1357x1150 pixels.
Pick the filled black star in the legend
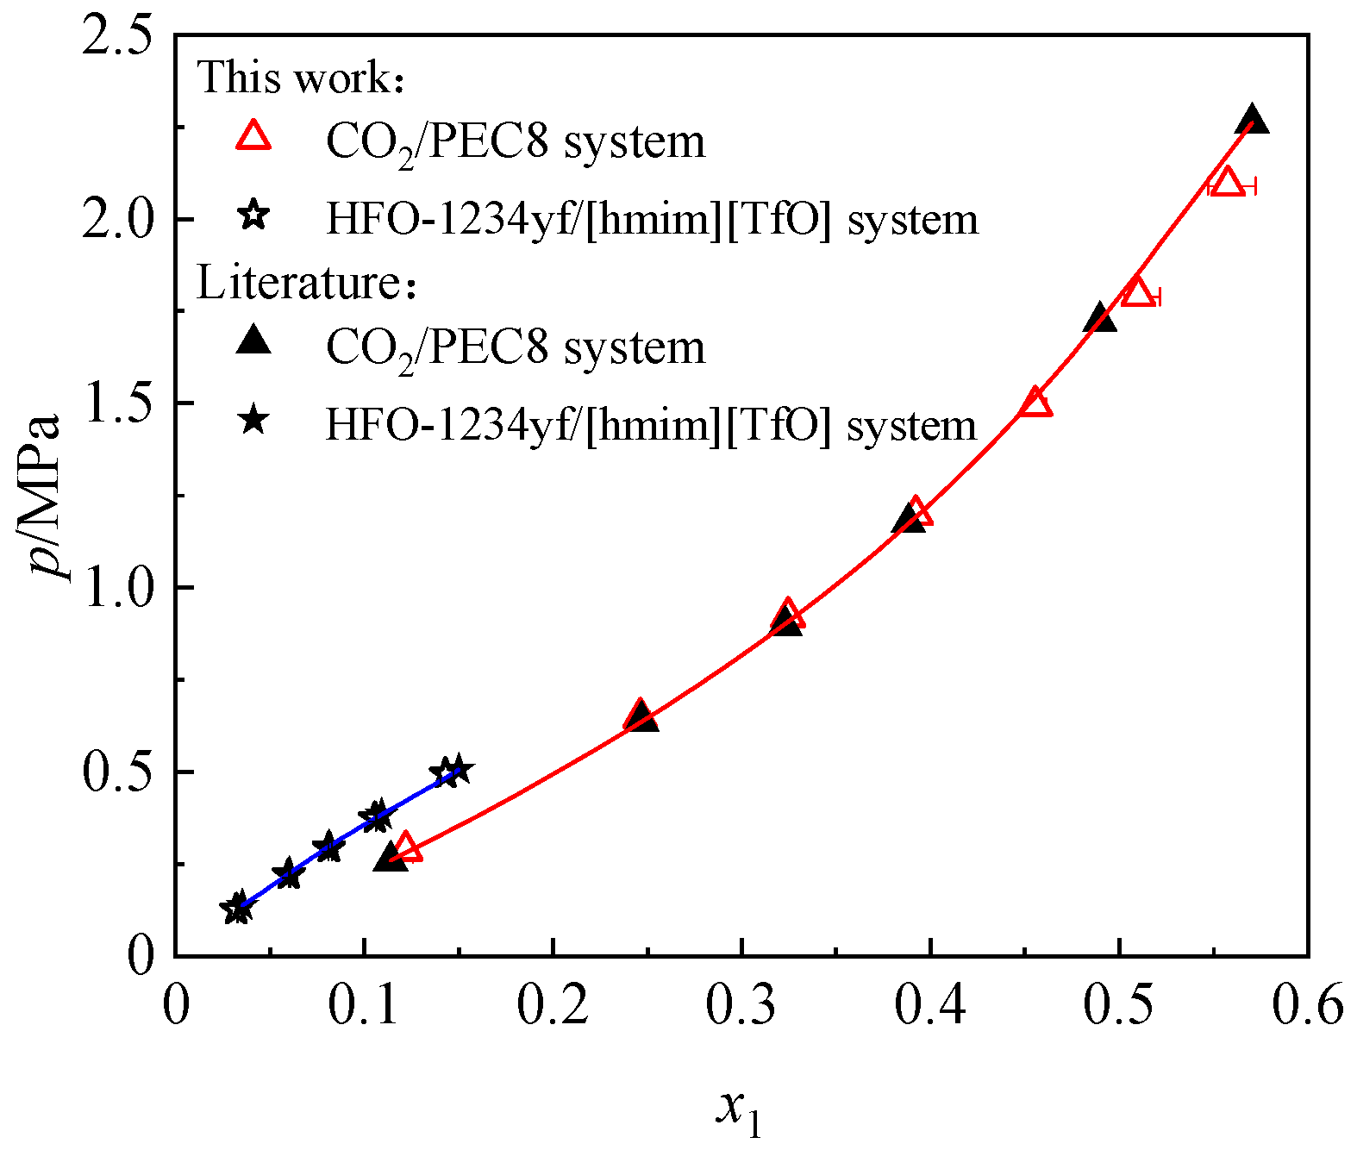pyautogui.click(x=253, y=422)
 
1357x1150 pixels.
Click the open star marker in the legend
pyautogui.click(x=253, y=214)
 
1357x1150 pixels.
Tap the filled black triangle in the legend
pyautogui.click(x=253, y=341)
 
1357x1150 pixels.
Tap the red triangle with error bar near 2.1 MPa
pyautogui.click(x=1227, y=183)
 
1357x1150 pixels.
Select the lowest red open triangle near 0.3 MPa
pyautogui.click(x=406, y=847)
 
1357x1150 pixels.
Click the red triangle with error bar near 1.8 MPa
pyautogui.click(x=1138, y=292)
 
